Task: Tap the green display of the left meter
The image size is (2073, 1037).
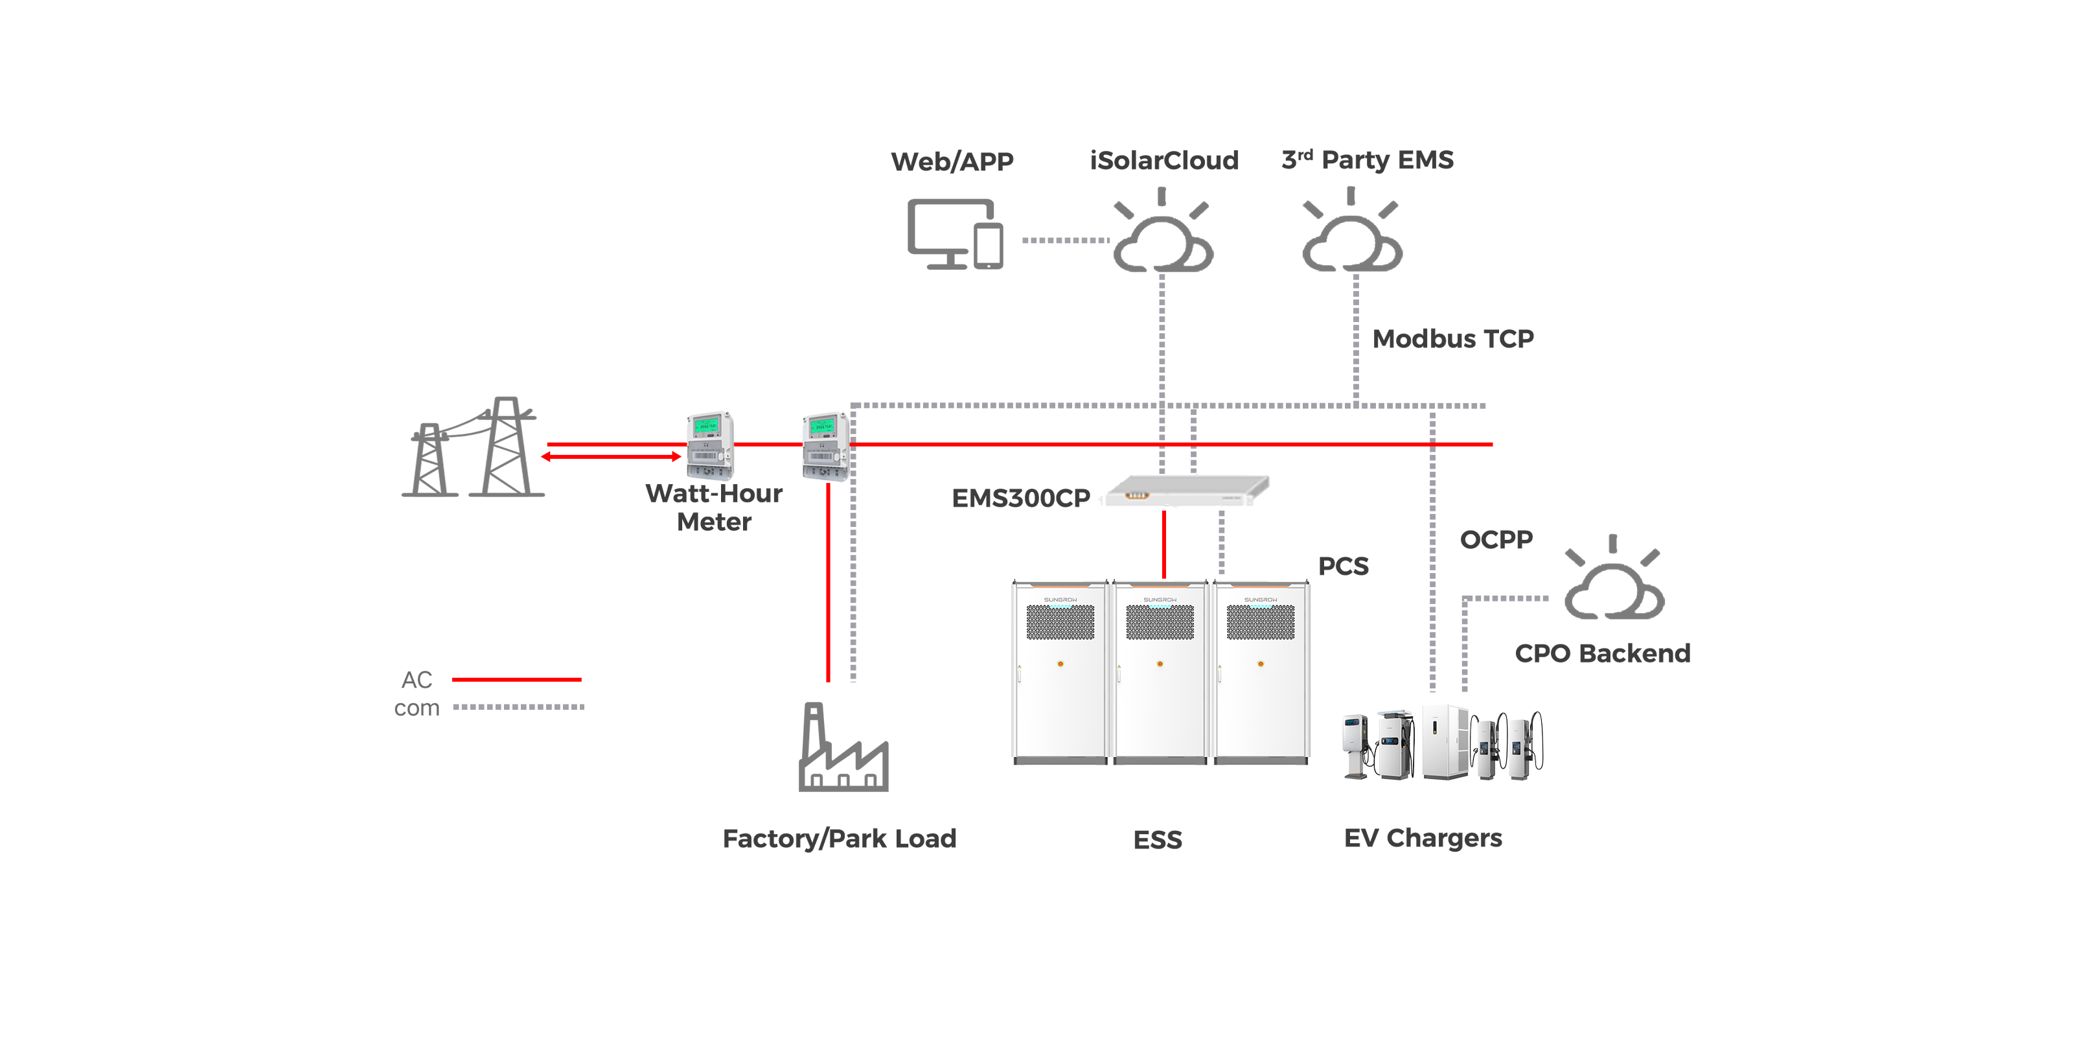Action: (707, 425)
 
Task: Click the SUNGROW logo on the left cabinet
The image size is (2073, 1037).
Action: (1060, 600)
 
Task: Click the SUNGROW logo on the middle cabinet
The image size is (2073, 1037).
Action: (1160, 600)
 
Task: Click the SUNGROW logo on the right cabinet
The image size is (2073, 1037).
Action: (1260, 600)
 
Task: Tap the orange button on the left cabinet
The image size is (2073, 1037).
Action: (1060, 664)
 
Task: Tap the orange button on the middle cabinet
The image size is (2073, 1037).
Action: (1160, 664)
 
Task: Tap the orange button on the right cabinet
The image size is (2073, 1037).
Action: (1260, 664)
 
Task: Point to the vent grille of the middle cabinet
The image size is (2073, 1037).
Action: (1160, 622)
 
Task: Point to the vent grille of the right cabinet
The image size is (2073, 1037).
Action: (1260, 622)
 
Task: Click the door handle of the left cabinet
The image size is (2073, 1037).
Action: (1019, 672)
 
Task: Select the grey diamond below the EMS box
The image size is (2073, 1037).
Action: (1222, 542)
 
